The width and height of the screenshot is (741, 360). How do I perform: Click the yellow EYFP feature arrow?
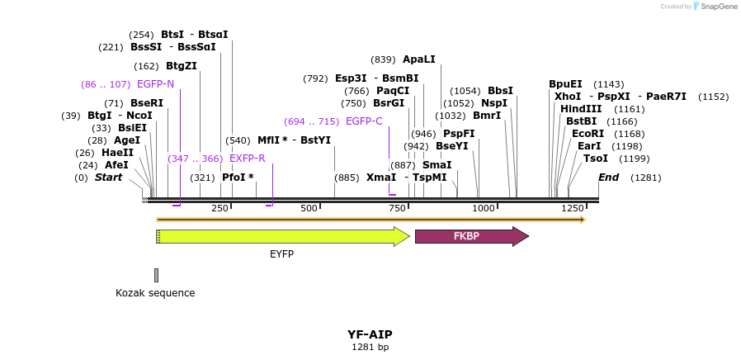pyautogui.click(x=281, y=237)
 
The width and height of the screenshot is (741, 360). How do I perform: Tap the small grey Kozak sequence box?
pyautogui.click(x=156, y=275)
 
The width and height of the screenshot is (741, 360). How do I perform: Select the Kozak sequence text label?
pyautogui.click(x=155, y=293)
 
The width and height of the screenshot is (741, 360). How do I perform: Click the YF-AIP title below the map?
pyautogui.click(x=370, y=334)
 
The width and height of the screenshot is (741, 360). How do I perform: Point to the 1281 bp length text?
pyautogui.click(x=370, y=348)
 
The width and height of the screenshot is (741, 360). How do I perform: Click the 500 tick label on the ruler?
pyautogui.click(x=309, y=208)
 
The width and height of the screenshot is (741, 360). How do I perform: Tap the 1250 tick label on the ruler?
pyautogui.click(x=572, y=208)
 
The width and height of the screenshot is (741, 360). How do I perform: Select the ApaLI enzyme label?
pyautogui.click(x=418, y=59)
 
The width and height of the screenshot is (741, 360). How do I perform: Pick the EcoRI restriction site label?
pyautogui.click(x=588, y=134)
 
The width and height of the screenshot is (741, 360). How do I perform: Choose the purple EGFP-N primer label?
pyautogui.click(x=155, y=84)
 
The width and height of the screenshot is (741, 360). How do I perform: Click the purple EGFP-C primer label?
pyautogui.click(x=364, y=121)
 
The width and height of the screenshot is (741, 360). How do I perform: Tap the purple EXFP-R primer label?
pyautogui.click(x=247, y=159)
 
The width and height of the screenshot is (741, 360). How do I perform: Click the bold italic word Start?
pyautogui.click(x=108, y=178)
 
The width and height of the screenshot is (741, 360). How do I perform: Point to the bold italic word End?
pyautogui.click(x=608, y=178)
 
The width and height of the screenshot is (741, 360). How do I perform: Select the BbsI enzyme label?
pyautogui.click(x=500, y=91)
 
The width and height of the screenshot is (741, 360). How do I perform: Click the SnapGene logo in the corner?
pyautogui.click(x=713, y=7)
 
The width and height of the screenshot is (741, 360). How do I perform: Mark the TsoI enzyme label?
pyautogui.click(x=595, y=159)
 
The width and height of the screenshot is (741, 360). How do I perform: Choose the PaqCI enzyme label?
pyautogui.click(x=393, y=91)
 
